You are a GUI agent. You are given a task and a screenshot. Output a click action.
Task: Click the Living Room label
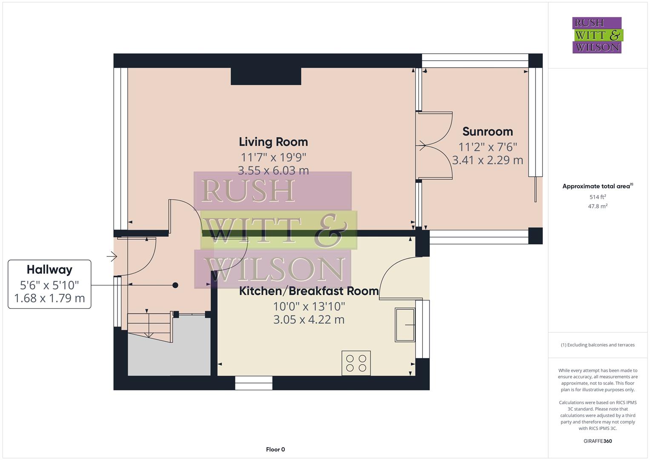point(273,142)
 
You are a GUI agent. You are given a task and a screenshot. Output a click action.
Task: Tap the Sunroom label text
point(487,132)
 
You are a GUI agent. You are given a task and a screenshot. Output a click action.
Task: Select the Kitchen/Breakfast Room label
point(309,291)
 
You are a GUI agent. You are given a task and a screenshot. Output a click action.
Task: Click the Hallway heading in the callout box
point(49,270)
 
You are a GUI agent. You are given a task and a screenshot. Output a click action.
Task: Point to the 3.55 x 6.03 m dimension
point(273,171)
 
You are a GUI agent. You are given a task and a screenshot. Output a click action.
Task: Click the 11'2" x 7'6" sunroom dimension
point(487,147)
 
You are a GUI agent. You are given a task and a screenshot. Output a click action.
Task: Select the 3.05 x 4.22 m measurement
point(309,319)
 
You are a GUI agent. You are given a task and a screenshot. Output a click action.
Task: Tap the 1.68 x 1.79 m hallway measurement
point(49,298)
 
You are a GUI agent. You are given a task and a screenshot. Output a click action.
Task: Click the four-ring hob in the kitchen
point(356,363)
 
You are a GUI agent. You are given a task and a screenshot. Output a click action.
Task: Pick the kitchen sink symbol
point(405,325)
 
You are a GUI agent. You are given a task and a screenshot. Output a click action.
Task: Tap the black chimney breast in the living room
point(266,76)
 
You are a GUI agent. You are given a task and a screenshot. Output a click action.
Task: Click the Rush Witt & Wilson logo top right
point(597,35)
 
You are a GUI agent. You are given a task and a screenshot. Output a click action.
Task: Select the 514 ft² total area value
point(598,197)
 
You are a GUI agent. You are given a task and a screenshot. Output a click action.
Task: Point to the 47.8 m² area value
point(598,206)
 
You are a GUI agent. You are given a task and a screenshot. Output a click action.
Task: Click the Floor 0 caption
point(275,449)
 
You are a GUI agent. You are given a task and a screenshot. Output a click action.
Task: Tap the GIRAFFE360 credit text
point(598,441)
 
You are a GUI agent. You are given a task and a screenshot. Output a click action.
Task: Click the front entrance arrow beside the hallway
point(112,256)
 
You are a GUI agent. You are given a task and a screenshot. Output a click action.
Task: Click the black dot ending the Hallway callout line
point(175,285)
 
